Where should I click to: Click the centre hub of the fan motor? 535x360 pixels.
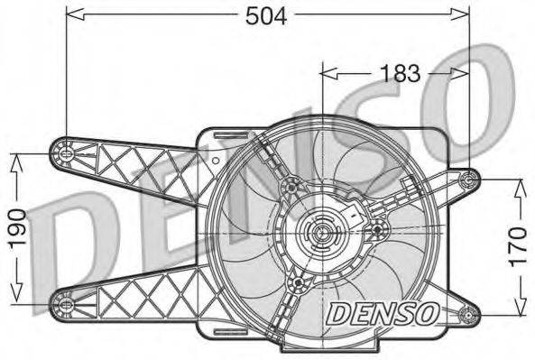click(320, 236)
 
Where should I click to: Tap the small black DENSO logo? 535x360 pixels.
click(383, 314)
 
